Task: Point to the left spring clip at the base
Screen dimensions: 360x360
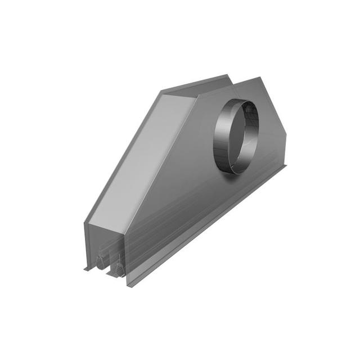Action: coord(100,261)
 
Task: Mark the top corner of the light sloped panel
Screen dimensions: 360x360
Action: coord(163,94)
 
